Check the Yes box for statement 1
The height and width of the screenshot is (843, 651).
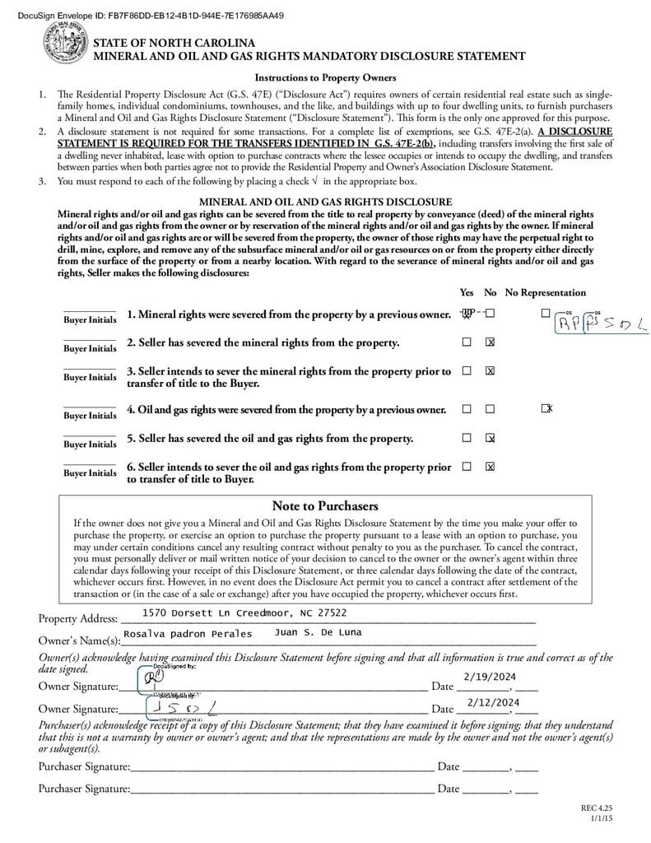coord(467,314)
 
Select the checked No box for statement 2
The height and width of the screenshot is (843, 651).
coord(491,342)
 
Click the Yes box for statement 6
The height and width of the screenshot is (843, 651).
coord(467,467)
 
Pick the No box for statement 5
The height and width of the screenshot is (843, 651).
coord(491,438)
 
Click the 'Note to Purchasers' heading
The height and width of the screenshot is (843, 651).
coord(324,505)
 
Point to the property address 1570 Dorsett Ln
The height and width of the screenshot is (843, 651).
coord(244,613)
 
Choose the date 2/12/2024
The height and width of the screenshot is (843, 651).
coord(493,701)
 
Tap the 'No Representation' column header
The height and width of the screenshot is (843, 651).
coord(545,292)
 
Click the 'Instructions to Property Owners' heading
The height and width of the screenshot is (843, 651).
coord(325,77)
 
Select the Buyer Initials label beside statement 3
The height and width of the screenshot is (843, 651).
coord(90,377)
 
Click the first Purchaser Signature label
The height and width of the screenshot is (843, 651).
coord(84,766)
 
